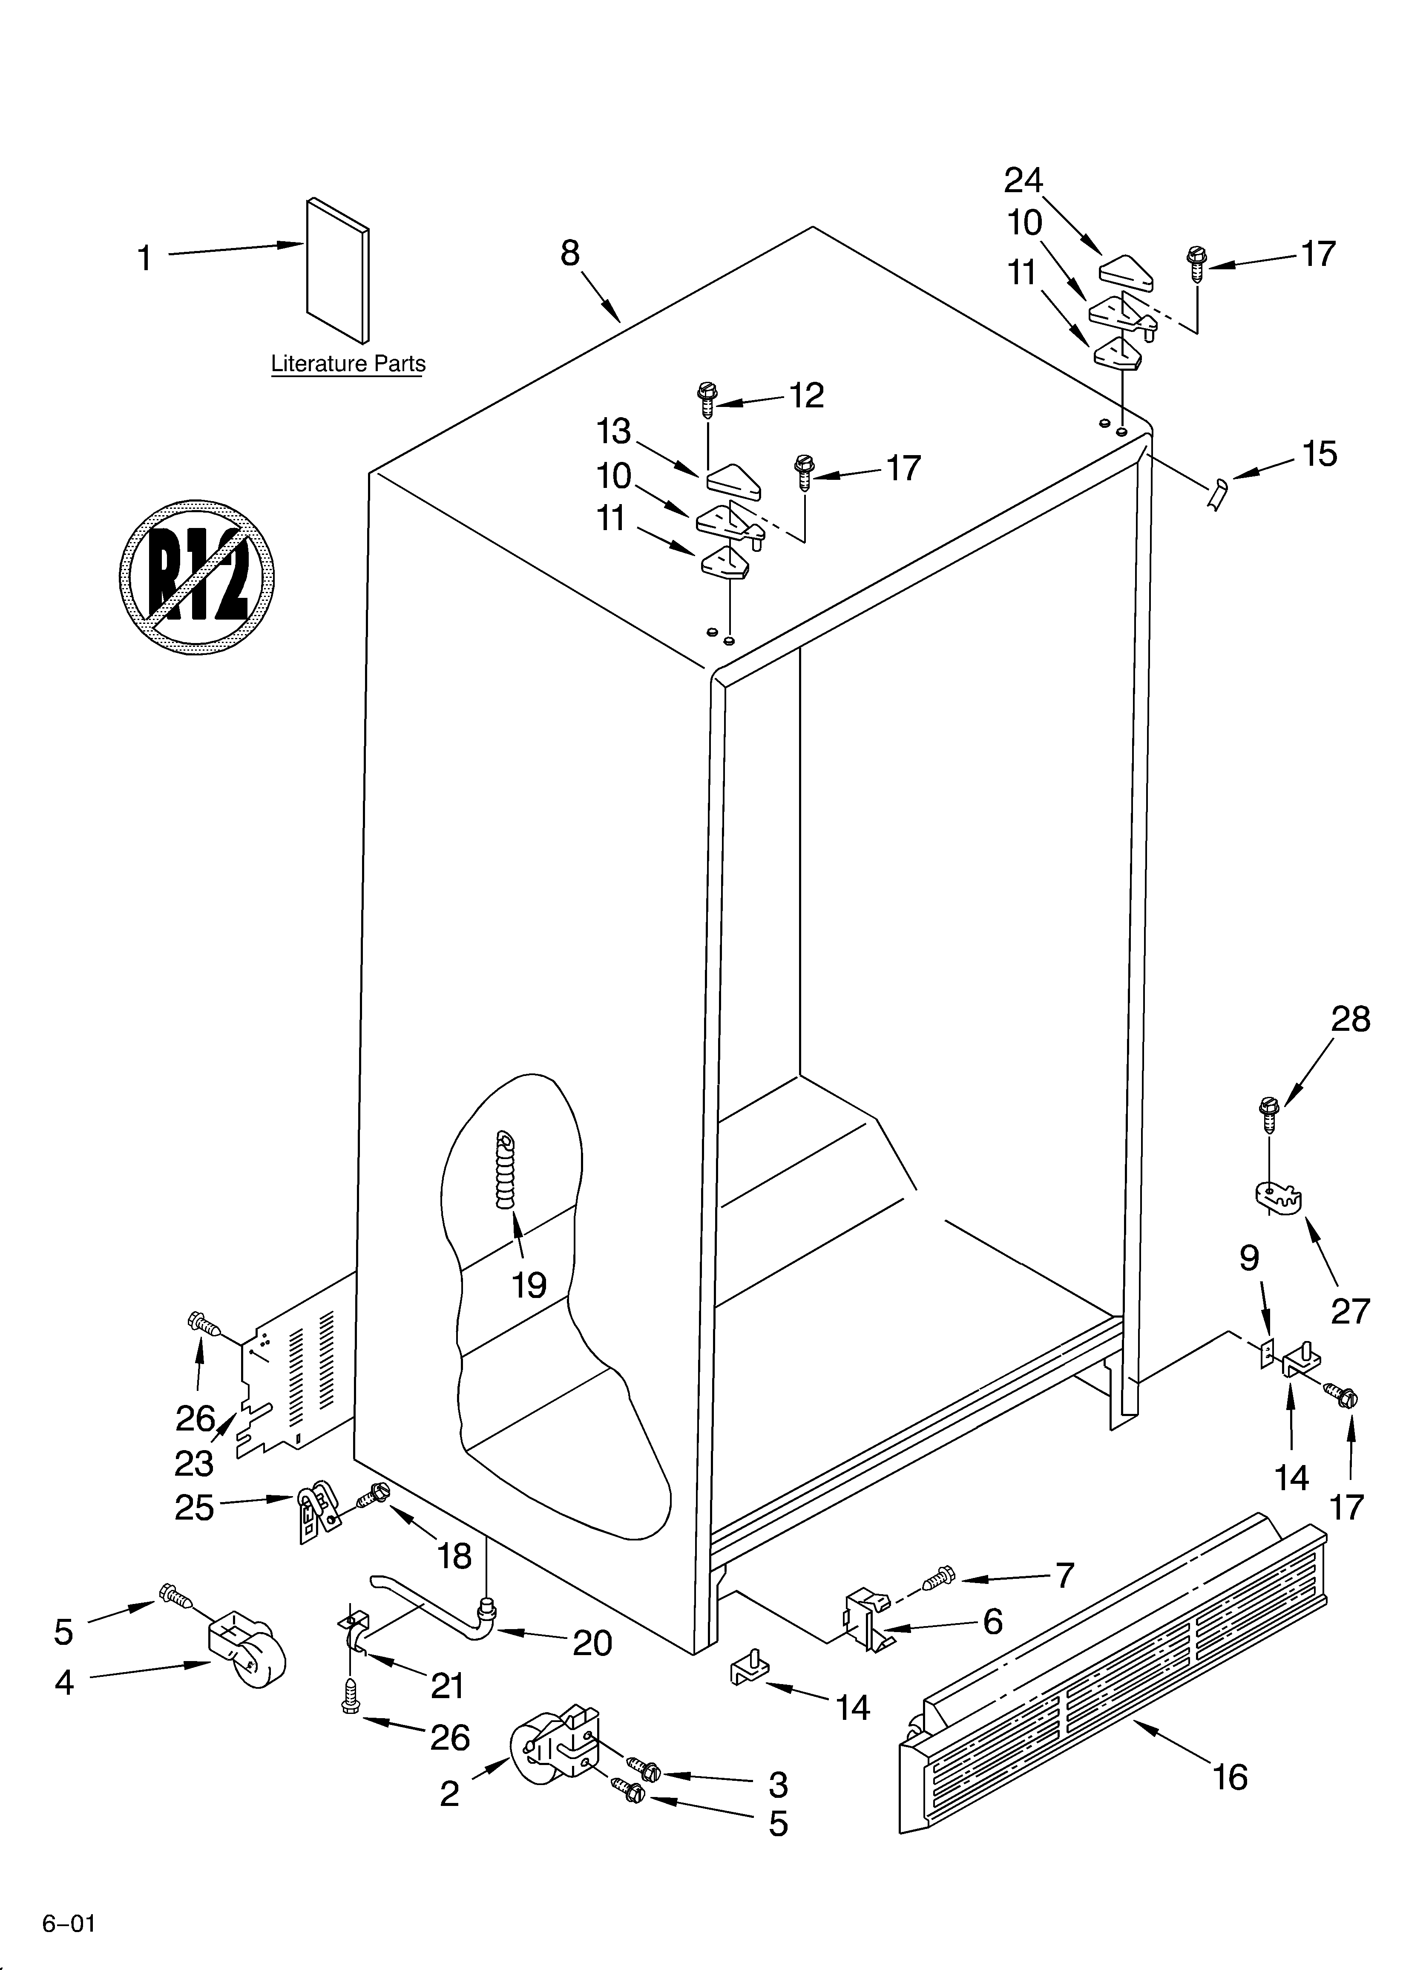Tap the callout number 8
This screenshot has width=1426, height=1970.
tap(570, 254)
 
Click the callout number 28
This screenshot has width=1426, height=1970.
tap(1351, 1019)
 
